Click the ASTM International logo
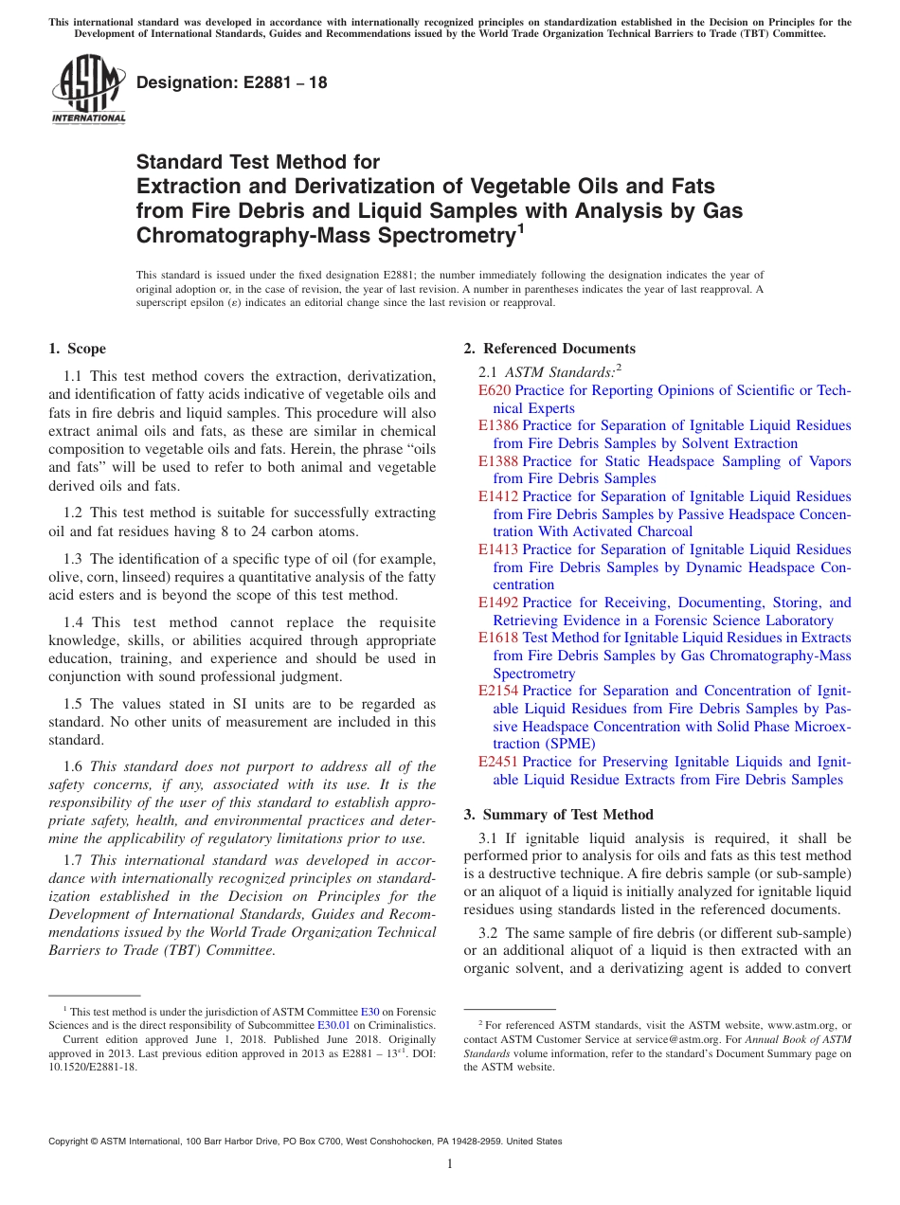point(88,90)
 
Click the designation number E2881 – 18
point(232,83)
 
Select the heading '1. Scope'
point(78,349)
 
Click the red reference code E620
point(494,390)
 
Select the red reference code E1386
point(498,425)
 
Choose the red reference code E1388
point(498,461)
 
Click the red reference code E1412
point(498,496)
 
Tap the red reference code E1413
point(498,549)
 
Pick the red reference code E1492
point(498,602)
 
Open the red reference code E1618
point(498,638)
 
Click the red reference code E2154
point(498,691)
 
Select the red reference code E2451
point(498,762)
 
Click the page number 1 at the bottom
point(450,1164)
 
